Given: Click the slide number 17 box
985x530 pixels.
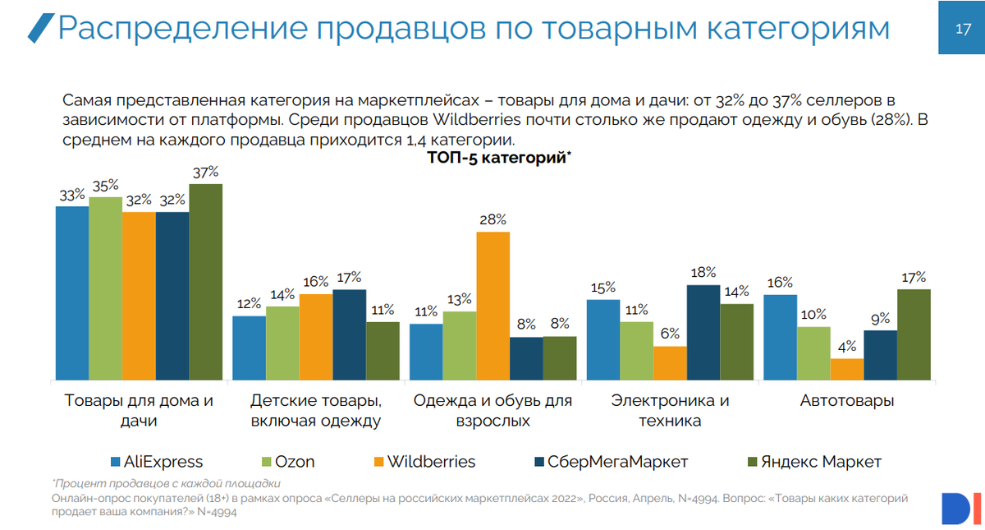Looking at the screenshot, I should [962, 29].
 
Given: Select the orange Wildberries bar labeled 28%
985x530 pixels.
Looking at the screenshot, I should [492, 306].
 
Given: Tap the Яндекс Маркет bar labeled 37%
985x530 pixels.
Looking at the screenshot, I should [205, 281].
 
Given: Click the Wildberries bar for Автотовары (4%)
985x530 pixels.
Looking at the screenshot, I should [847, 369].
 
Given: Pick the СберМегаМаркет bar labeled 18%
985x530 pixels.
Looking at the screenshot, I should [703, 332].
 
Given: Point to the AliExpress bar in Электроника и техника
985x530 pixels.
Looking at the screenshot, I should [603, 339].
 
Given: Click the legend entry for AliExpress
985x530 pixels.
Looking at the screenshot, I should [156, 462].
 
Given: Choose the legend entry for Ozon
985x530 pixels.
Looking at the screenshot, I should [286, 462].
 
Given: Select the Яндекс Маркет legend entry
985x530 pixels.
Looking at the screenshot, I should [813, 462].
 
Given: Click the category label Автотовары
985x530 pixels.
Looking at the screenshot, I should [847, 402].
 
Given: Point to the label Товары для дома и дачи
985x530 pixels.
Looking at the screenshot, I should [139, 411].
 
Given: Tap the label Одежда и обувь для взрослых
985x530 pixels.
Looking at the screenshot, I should [492, 411].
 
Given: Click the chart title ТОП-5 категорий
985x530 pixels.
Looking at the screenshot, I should [499, 158].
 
